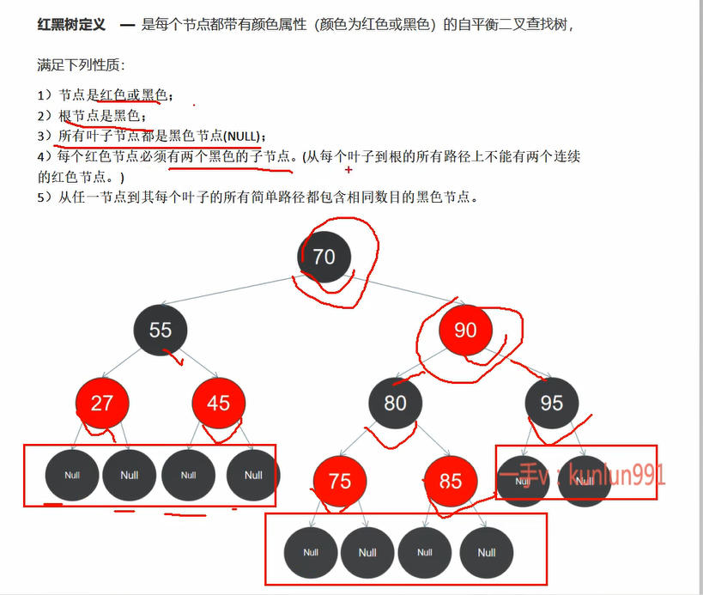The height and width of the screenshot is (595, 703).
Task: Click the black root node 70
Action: point(324,256)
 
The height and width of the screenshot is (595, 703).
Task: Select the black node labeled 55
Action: point(161,331)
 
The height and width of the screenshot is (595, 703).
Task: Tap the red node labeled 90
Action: point(465,331)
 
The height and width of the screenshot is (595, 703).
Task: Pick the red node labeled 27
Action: point(102,403)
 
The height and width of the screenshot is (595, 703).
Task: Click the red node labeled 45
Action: point(219,403)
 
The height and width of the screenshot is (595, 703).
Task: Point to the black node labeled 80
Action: point(396,403)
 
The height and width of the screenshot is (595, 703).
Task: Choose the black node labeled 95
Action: point(551,403)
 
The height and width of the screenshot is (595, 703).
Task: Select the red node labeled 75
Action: point(340,481)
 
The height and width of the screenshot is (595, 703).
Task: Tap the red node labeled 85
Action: point(451,481)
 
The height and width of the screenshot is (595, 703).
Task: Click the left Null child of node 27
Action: point(72,475)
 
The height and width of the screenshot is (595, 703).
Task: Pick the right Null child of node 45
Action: point(252,475)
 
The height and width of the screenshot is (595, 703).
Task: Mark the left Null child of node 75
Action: point(311,553)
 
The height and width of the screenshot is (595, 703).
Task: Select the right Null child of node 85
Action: point(487,553)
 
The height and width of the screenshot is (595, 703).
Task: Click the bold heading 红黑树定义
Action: point(71,25)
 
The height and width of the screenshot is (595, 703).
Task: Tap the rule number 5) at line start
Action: point(45,197)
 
